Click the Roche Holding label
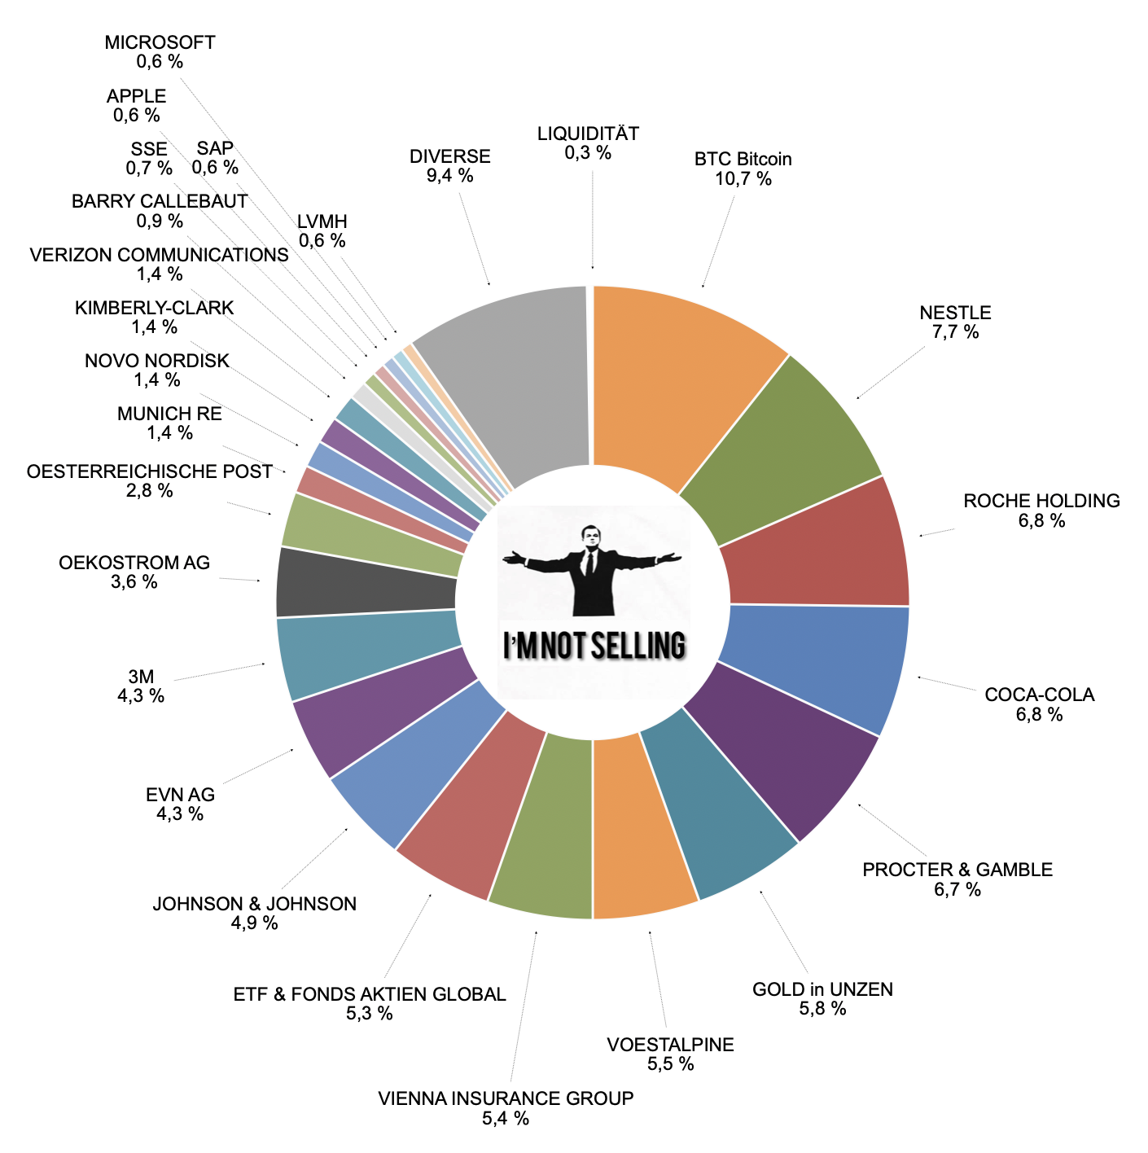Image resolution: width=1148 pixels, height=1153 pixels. (1041, 501)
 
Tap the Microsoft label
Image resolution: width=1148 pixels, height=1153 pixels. (160, 42)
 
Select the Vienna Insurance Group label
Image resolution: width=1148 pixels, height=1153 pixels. (506, 1098)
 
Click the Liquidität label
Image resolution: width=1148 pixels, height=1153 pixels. (588, 134)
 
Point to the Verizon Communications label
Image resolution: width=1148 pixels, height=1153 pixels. (160, 255)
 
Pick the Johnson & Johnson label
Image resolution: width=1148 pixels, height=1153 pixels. (255, 904)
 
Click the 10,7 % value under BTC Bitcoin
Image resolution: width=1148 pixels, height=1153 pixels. (743, 179)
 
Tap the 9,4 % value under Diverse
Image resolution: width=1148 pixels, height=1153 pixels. (450, 176)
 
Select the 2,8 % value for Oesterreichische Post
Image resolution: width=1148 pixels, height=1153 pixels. (150, 491)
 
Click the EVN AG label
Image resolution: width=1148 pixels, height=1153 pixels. (181, 795)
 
